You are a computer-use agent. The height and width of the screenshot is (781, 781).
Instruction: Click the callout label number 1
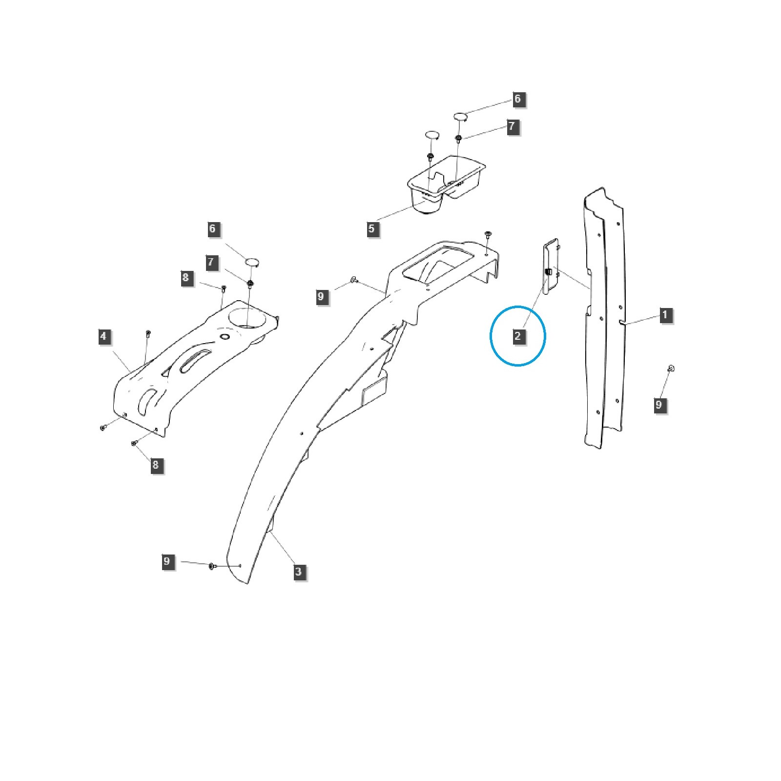665,315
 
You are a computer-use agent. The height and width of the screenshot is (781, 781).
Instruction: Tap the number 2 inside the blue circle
518,336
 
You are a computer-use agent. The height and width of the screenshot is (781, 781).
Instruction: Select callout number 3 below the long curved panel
298,572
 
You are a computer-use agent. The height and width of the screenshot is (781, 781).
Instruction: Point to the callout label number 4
103,336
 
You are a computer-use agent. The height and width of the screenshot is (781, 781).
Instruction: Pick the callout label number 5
372,228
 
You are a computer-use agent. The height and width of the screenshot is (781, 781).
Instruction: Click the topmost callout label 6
518,99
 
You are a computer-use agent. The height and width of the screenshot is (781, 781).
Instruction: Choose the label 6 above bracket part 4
212,229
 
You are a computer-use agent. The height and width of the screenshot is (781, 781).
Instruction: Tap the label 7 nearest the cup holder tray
512,126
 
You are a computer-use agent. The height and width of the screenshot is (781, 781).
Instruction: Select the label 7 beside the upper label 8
211,262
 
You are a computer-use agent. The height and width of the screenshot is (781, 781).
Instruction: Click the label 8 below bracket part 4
156,465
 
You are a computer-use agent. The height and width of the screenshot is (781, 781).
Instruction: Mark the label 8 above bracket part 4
185,278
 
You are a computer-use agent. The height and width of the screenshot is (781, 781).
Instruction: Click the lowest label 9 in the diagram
167,561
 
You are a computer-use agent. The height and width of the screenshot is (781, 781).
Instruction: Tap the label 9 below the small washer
659,405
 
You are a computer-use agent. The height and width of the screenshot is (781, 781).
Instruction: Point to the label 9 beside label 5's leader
321,296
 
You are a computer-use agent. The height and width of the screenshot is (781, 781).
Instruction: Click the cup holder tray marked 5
446,183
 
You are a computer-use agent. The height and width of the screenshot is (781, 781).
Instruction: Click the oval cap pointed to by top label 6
461,117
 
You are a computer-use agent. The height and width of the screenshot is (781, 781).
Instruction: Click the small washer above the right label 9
671,368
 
